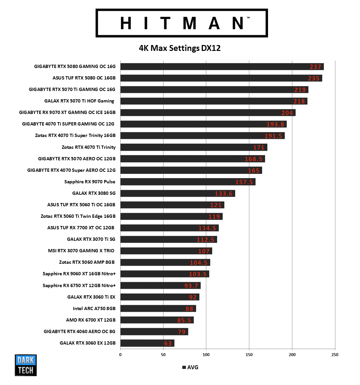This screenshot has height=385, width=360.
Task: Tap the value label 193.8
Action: pyautogui.click(x=275, y=125)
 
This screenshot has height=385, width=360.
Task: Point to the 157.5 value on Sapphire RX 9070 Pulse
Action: pyautogui.click(x=244, y=182)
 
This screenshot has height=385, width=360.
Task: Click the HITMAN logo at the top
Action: pyautogui.click(x=182, y=23)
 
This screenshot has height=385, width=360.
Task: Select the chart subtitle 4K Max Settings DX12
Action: pyautogui.click(x=180, y=48)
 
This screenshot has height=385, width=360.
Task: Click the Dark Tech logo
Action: pyautogui.click(x=26, y=365)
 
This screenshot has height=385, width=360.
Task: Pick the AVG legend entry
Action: pyautogui.click(x=191, y=367)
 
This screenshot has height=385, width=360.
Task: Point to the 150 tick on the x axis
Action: pyautogui.click(x=249, y=355)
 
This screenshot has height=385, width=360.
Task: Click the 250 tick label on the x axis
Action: pyautogui.click(x=335, y=355)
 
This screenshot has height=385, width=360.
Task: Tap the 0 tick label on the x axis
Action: pyautogui.click(x=120, y=355)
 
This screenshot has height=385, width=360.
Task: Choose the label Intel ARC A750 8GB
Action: pyautogui.click(x=94, y=308)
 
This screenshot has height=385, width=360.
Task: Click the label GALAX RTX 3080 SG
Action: pyautogui.click(x=94, y=193)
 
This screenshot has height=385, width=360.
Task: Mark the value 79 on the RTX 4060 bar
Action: pyautogui.click(x=182, y=332)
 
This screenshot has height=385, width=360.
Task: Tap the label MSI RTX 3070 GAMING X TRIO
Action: pyautogui.click(x=81, y=251)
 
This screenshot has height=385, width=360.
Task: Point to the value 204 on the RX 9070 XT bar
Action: pyautogui.click(x=287, y=113)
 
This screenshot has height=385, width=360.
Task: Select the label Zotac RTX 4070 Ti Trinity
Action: pyautogui.click(x=88, y=147)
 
